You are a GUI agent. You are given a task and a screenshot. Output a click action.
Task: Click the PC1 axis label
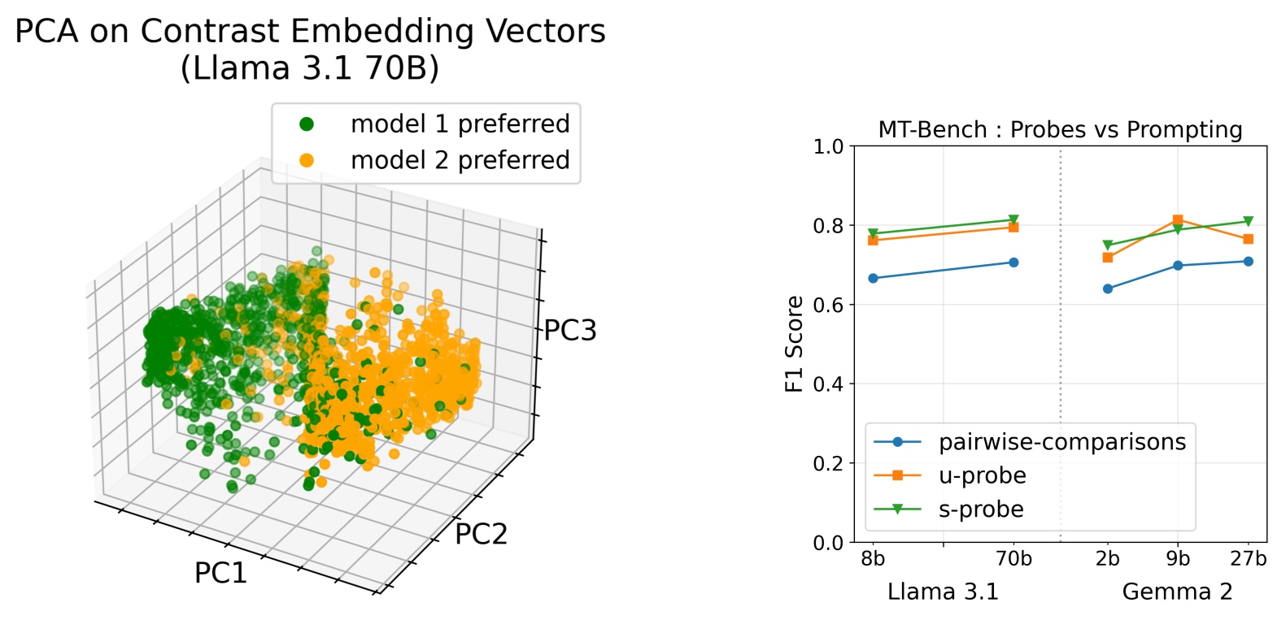(x=220, y=573)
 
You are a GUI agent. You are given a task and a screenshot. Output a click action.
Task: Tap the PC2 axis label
(x=481, y=534)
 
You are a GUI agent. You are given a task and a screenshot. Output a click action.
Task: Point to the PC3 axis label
(x=570, y=330)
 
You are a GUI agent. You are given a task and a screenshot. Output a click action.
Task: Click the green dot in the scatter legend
(x=307, y=124)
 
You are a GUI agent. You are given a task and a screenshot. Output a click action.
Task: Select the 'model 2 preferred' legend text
(x=460, y=160)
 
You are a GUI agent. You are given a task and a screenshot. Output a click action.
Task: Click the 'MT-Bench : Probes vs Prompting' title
(x=1060, y=130)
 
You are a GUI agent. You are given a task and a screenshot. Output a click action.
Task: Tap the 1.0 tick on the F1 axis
(x=829, y=146)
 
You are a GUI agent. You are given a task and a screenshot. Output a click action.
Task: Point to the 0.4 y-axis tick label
(x=829, y=384)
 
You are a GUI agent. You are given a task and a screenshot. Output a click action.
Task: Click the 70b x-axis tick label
(x=1014, y=559)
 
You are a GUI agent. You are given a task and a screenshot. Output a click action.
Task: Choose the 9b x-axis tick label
(x=1178, y=559)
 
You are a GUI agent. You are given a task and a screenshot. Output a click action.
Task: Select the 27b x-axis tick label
(x=1248, y=559)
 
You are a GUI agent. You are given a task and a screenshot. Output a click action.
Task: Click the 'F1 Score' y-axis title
(x=795, y=344)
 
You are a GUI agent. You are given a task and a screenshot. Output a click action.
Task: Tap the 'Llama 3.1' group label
(x=943, y=592)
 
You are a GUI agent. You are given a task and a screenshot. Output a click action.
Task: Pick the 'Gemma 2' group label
(x=1177, y=592)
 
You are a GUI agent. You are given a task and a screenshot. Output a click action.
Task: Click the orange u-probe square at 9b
(x=1178, y=220)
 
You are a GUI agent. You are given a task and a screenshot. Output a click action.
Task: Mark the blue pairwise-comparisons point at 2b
(x=1108, y=288)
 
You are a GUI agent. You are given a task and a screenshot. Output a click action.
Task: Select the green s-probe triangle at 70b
(x=1014, y=220)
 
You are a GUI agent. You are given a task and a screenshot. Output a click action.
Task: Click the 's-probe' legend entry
(x=981, y=509)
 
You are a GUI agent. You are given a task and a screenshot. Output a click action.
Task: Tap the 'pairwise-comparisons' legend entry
(x=1062, y=442)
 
